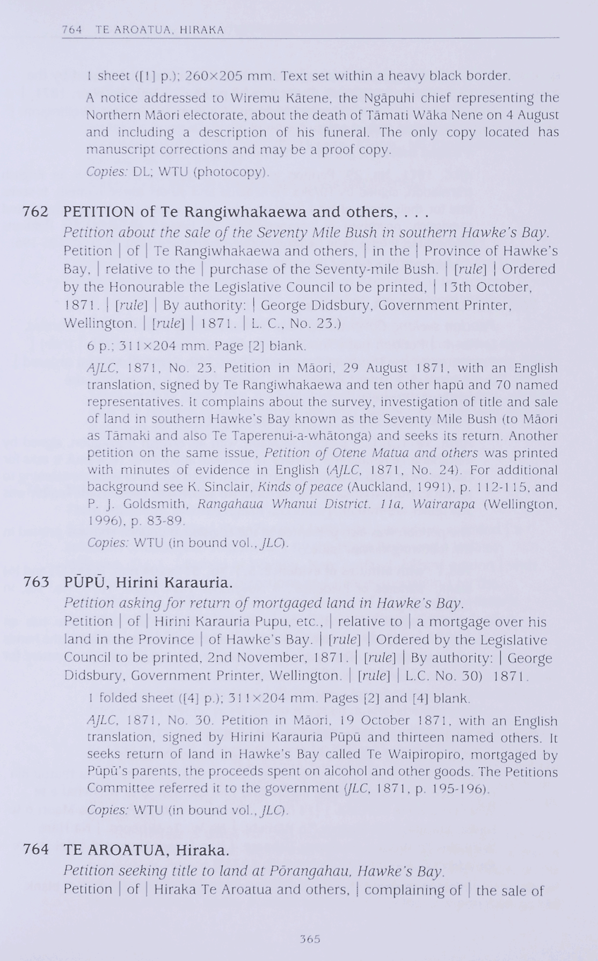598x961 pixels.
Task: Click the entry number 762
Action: coord(35,212)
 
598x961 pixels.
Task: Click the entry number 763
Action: coord(35,582)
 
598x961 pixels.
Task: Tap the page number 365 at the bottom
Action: coord(310,938)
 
